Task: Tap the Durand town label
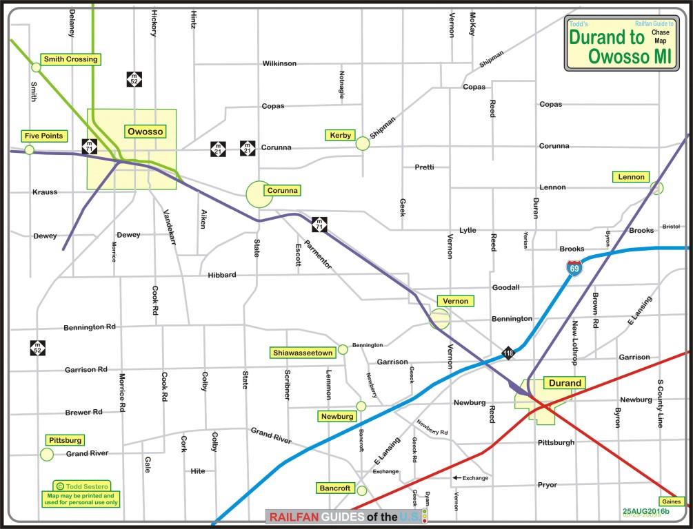(564, 383)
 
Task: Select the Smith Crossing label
(70, 59)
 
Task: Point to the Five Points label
(43, 136)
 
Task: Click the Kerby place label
(341, 134)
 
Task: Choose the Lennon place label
(631, 177)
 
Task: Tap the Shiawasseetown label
(302, 353)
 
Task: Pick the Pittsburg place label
(66, 439)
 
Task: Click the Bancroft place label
(335, 488)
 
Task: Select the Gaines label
(672, 501)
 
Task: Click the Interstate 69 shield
(574, 267)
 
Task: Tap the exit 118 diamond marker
(508, 353)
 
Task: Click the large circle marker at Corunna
(259, 194)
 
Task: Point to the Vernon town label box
(455, 301)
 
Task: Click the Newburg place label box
(337, 416)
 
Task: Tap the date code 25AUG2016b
(646, 511)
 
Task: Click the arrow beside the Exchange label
(456, 477)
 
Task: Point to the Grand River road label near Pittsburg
(88, 454)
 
